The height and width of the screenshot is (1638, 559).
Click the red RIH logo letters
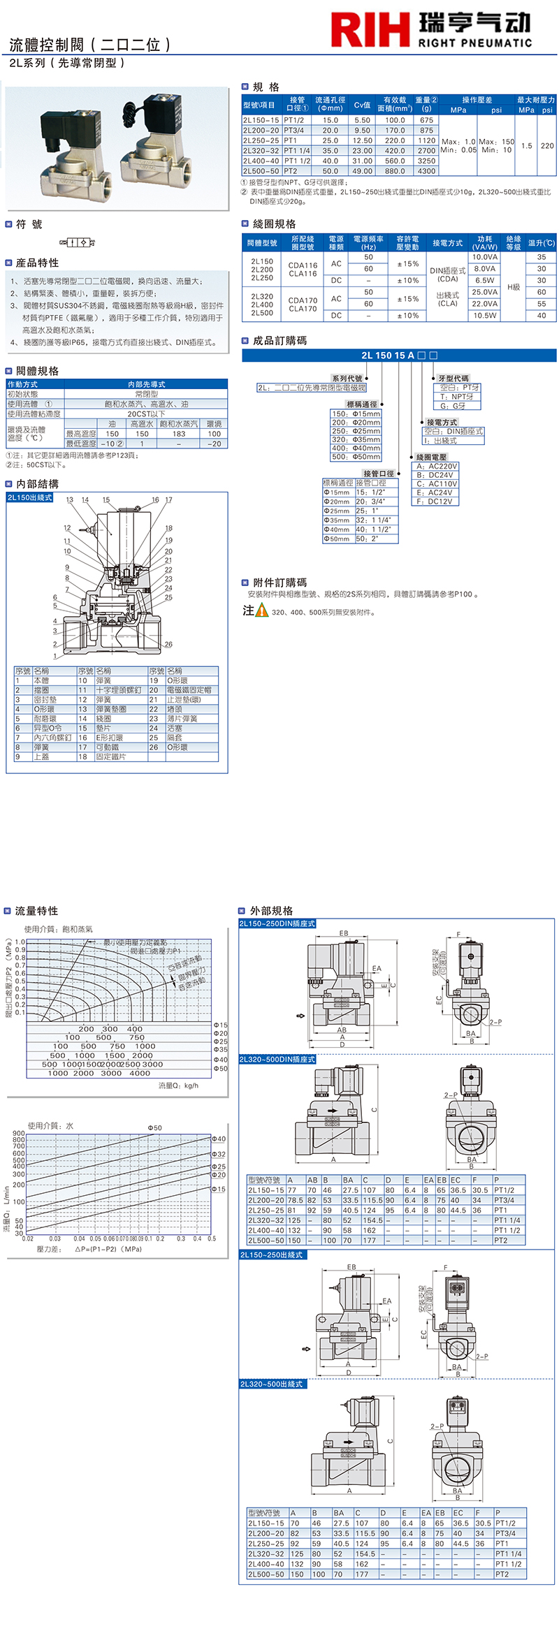[370, 30]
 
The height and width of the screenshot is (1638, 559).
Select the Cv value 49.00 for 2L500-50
[362, 171]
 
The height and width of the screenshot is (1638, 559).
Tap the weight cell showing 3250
[426, 161]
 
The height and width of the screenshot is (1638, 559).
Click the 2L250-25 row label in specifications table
[261, 140]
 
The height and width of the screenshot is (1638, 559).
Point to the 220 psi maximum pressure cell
[547, 146]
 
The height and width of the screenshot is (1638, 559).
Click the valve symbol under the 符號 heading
[77, 242]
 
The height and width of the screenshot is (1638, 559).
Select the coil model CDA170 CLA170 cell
[303, 304]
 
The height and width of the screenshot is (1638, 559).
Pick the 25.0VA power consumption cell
[484, 292]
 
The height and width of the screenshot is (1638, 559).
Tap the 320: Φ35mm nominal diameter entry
[356, 439]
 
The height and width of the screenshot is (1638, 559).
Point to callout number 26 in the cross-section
[168, 644]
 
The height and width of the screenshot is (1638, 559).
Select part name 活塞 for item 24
[175, 728]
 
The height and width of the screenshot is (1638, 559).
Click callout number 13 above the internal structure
[70, 499]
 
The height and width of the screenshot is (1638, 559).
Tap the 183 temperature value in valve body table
[179, 434]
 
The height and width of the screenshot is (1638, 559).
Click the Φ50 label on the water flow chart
[154, 1127]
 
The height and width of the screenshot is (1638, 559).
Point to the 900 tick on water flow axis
[19, 1133]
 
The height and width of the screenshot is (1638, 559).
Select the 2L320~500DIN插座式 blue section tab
[277, 1060]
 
